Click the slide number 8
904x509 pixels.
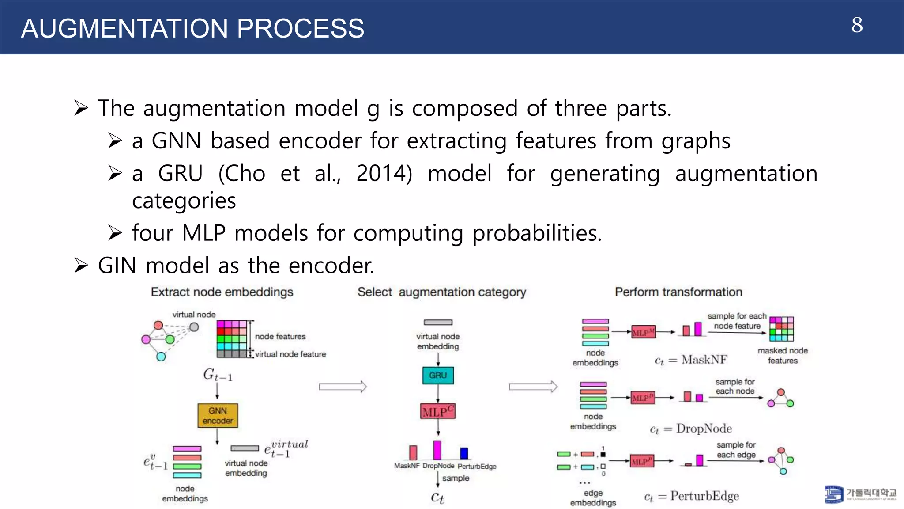[x=857, y=25]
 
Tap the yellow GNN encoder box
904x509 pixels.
[x=218, y=415]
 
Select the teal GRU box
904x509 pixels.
[x=438, y=375]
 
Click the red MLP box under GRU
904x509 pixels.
[x=437, y=411]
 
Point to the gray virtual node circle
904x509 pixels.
[x=194, y=327]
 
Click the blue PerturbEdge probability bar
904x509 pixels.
[x=464, y=453]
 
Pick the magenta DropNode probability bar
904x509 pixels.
[x=437, y=450]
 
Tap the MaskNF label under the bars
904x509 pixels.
[x=407, y=466]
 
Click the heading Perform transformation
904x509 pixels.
[x=678, y=292]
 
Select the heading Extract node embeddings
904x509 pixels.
[x=222, y=292]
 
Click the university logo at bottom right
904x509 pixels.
[x=834, y=494]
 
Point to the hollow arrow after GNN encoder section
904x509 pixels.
[x=343, y=387]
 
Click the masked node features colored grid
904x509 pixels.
[x=781, y=329]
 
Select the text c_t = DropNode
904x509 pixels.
[x=691, y=429]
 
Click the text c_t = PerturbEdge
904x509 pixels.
[x=691, y=496]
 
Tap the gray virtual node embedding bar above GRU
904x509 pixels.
[x=438, y=323]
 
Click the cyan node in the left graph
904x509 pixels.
[x=161, y=356]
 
